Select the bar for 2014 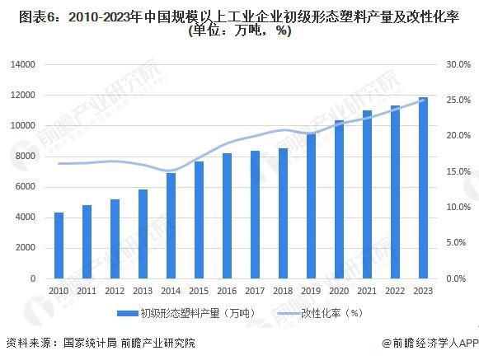(171, 226)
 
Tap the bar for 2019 (311, 206)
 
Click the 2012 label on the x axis (115, 291)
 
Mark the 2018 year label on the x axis (283, 291)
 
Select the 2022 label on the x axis (395, 291)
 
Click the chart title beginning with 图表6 (239, 15)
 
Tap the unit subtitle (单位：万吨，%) (239, 31)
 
